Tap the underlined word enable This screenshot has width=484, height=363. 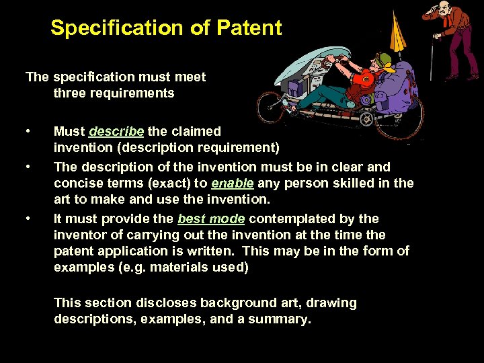click(232, 184)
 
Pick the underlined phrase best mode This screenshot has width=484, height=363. click(211, 218)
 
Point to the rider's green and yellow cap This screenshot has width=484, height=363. click(384, 61)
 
